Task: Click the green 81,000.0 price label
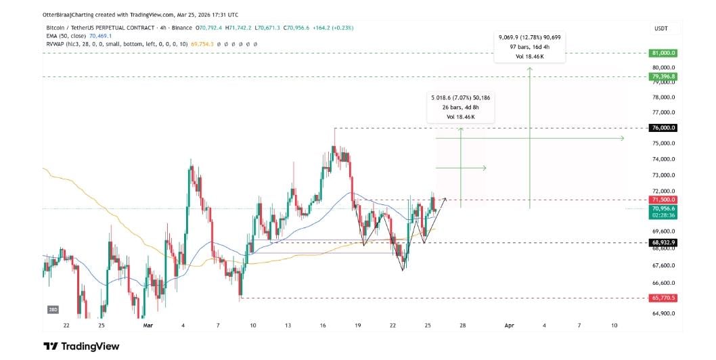tap(663, 53)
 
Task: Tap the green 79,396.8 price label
tap(663, 77)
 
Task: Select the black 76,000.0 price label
tap(663, 128)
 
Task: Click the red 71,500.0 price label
tap(663, 200)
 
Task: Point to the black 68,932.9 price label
tap(663, 242)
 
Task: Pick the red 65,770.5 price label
tap(663, 298)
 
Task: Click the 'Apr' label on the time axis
tap(510, 325)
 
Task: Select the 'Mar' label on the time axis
tap(149, 325)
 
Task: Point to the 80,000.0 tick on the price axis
tap(663, 68)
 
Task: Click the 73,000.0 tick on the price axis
tap(663, 175)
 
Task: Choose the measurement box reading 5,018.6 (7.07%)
tap(460, 108)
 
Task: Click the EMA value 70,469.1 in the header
tap(100, 36)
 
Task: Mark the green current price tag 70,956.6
tap(663, 209)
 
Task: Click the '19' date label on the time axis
tap(357, 325)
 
